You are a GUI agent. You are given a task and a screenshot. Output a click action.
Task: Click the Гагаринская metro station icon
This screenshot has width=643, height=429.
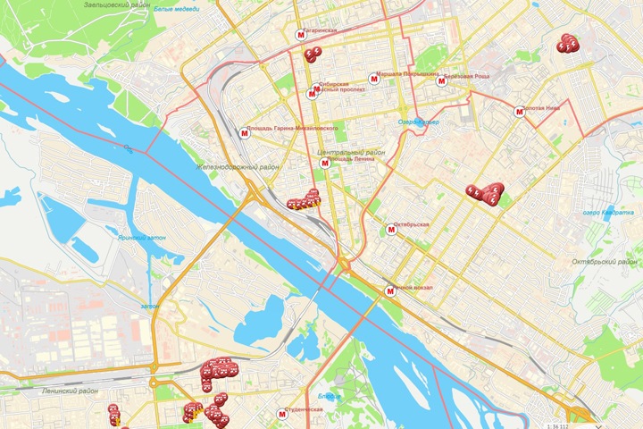pos(299,36)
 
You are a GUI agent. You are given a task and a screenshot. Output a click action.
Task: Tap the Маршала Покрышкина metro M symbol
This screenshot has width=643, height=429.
pos(374,78)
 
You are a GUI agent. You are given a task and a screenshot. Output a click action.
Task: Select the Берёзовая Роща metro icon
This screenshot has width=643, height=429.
pos(440,81)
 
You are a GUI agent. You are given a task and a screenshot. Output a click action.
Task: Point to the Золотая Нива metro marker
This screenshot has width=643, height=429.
pos(520,112)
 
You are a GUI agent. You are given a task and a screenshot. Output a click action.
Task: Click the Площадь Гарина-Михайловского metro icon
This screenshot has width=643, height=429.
pos(246,133)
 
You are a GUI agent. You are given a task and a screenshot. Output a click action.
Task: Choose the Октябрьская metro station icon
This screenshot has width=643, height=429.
pos(389,230)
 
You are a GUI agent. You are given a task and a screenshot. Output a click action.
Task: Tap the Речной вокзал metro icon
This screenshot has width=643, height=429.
pos(389,291)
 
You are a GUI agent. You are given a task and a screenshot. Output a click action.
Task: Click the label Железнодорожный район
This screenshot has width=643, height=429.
pos(238,167)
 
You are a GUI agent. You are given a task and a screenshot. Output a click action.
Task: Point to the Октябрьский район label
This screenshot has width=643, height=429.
pos(604,262)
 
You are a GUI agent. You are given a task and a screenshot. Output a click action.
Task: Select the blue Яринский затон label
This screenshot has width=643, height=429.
pos(142,239)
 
